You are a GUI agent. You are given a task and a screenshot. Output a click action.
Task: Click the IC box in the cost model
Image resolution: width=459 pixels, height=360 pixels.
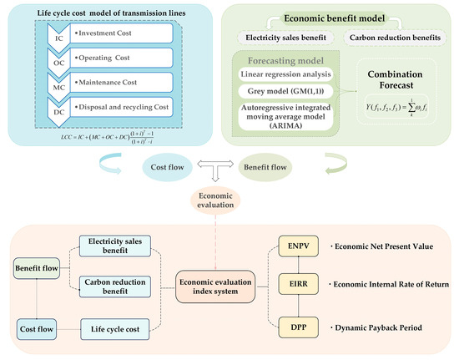[56, 37]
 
